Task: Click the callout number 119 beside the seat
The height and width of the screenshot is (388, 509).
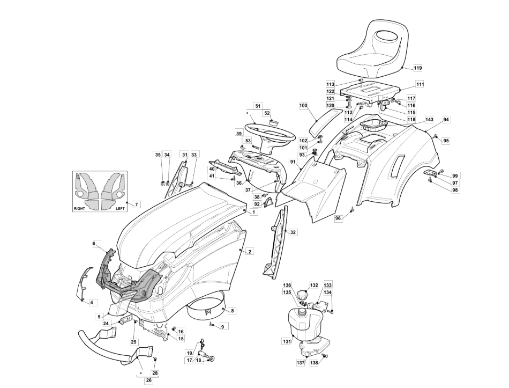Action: (417, 68)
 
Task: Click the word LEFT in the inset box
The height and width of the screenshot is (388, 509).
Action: (121, 208)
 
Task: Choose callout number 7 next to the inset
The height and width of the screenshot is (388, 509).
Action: (136, 204)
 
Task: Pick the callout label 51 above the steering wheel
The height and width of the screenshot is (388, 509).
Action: (258, 106)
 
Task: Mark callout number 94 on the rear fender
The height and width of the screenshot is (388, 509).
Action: (446, 119)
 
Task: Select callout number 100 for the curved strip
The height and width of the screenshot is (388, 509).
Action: (303, 106)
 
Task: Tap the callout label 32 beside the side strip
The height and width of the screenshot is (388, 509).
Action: (293, 232)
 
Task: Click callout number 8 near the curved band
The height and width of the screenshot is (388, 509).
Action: (232, 311)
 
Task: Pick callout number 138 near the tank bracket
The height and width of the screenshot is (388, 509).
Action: (314, 363)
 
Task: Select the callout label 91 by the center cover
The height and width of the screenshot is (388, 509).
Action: (293, 162)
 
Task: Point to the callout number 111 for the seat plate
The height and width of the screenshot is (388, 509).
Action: (420, 84)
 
